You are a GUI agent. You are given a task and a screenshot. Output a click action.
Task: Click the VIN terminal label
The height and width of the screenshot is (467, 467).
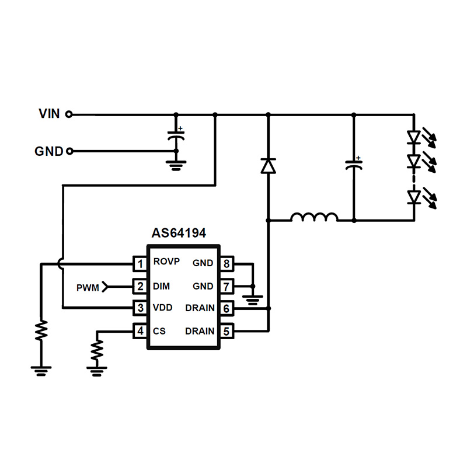[x=49, y=114]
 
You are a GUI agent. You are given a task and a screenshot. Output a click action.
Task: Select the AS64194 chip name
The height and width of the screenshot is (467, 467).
[x=179, y=234]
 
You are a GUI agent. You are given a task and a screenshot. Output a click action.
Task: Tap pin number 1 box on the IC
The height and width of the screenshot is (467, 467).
[x=140, y=264]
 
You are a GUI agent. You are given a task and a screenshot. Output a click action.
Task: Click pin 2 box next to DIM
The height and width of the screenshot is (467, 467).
[x=140, y=287]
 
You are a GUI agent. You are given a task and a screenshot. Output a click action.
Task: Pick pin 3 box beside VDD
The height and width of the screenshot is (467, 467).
[x=140, y=308]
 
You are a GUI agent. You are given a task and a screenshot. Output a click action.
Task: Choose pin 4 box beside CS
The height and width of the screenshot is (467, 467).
[x=140, y=331]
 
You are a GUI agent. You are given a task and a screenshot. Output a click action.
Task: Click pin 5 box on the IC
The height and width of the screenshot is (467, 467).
[x=226, y=331]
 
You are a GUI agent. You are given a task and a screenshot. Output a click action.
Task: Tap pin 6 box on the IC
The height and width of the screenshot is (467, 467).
[x=226, y=308]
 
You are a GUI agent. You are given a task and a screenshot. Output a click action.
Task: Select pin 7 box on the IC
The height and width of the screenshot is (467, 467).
[x=226, y=287]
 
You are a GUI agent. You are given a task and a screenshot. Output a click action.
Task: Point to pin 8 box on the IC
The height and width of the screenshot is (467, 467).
[x=226, y=264]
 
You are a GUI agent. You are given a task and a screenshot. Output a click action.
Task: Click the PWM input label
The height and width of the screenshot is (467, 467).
[x=88, y=287]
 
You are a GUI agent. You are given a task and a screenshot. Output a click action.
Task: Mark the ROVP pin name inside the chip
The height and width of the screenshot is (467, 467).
[x=166, y=262]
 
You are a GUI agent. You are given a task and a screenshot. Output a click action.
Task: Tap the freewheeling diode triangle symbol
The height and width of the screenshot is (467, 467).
[x=268, y=166]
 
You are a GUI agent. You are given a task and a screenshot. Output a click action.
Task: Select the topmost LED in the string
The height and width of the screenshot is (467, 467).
[x=414, y=138]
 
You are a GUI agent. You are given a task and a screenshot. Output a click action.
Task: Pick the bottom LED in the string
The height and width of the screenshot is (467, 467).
[x=414, y=197]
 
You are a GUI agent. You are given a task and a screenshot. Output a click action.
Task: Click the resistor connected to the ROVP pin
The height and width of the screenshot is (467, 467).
[x=41, y=330]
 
